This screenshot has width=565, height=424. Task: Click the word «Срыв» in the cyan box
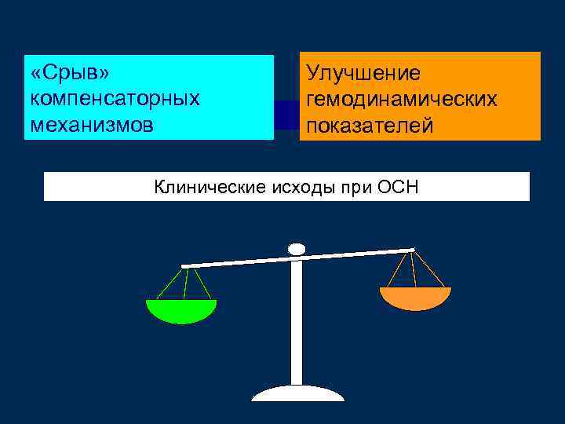pyautogui.click(x=69, y=73)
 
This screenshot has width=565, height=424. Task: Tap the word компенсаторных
pyautogui.click(x=115, y=99)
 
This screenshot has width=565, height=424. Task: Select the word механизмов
pyautogui.click(x=91, y=125)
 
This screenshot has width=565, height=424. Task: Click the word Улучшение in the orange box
pyautogui.click(x=363, y=73)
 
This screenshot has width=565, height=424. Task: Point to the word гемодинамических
pyautogui.click(x=402, y=100)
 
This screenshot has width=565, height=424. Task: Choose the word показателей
pyautogui.click(x=370, y=126)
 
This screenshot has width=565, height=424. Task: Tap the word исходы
pyautogui.click(x=299, y=187)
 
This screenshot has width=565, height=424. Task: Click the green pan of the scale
pyautogui.click(x=181, y=310)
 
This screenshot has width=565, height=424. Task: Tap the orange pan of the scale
pyautogui.click(x=415, y=298)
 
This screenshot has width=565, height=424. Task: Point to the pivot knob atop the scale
pyautogui.click(x=297, y=249)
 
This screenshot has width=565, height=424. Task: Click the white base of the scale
pyautogui.click(x=297, y=393)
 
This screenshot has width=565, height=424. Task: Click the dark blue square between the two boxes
pyautogui.click(x=286, y=115)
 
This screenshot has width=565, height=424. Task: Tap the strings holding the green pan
pyautogui.click(x=184, y=284)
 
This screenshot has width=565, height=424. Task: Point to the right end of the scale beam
pyautogui.click(x=410, y=251)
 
